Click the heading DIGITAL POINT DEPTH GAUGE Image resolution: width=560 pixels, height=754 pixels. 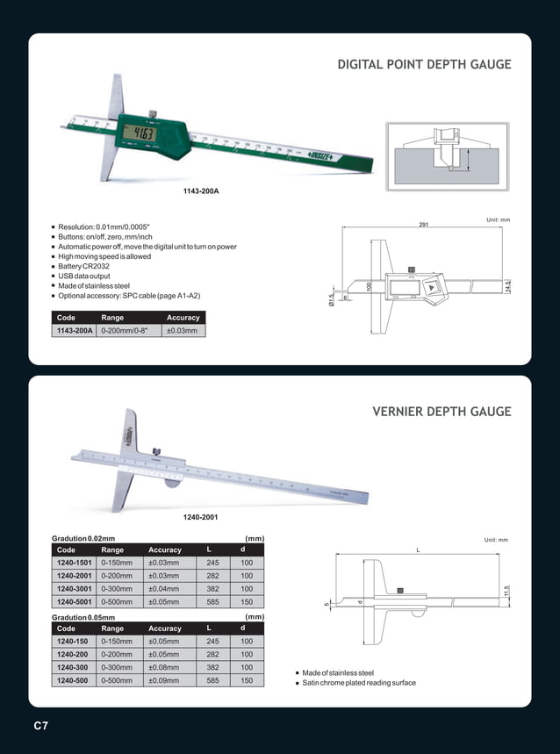click(x=424, y=65)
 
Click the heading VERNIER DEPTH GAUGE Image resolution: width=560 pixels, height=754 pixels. click(x=442, y=412)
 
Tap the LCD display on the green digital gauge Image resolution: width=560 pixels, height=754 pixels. click(x=140, y=133)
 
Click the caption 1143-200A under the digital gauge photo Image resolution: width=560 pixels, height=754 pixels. click(x=201, y=191)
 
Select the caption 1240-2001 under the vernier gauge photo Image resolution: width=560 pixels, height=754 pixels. click(x=199, y=517)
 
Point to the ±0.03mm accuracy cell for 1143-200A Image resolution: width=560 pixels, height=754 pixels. click(x=182, y=331)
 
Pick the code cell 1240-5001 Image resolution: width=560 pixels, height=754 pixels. click(x=75, y=604)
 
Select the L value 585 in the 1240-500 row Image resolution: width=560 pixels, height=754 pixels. click(x=212, y=680)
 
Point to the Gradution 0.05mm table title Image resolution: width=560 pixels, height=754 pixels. click(x=84, y=617)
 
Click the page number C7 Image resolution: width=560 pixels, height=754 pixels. click(x=40, y=726)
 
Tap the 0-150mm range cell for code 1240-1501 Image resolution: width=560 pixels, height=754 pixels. click(x=117, y=563)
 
